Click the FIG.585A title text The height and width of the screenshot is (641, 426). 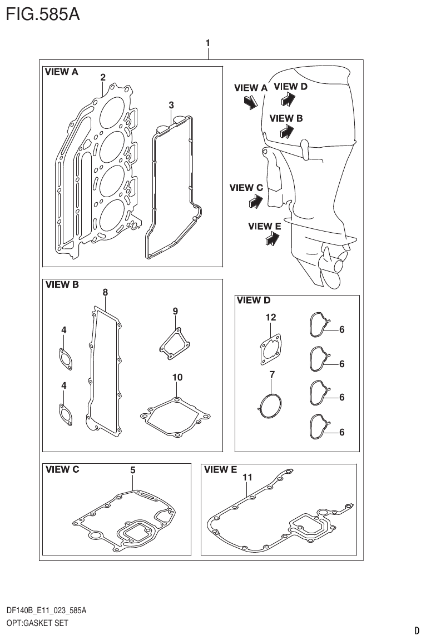tap(42, 14)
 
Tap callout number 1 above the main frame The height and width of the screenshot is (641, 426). tap(207, 43)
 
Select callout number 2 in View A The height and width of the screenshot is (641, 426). tap(103, 78)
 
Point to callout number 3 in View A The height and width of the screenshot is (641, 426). tap(171, 105)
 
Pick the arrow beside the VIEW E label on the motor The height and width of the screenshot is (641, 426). tap(272, 239)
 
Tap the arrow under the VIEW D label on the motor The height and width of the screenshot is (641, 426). tap(288, 99)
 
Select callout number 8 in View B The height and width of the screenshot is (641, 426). tap(105, 292)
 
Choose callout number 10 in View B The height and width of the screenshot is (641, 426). tap(177, 377)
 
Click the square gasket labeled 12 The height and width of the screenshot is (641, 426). tap(271, 350)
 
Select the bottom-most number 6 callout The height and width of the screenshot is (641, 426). tap(341, 432)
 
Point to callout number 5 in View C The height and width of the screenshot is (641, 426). tap(133, 470)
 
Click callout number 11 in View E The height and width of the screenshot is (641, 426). tap(247, 477)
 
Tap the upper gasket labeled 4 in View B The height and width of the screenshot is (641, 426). tap(65, 358)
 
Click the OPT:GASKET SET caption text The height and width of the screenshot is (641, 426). tap(37, 623)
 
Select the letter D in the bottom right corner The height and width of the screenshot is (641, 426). tap(417, 630)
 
